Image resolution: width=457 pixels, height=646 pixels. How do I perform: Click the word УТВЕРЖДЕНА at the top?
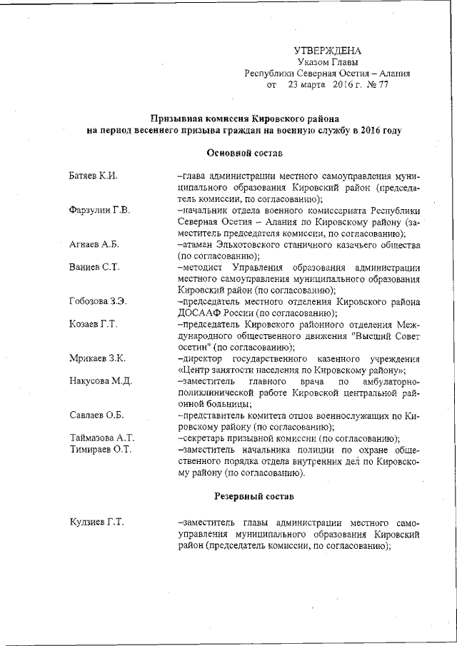328,50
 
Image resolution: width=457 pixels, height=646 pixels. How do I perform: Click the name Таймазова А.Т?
102,438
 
